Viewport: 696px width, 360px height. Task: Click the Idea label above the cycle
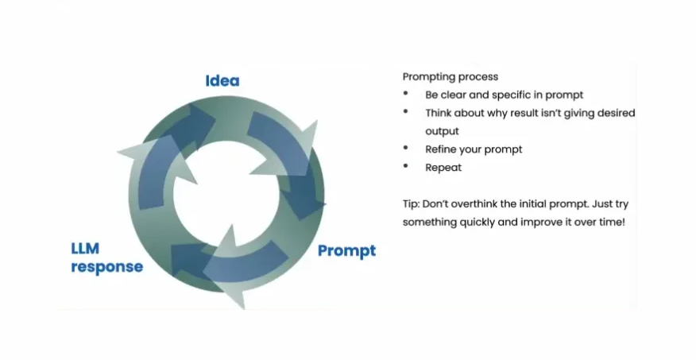pos(222,81)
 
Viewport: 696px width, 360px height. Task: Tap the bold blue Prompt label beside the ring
pos(346,251)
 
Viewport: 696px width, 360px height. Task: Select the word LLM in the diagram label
pos(85,249)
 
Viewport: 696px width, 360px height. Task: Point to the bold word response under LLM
pos(107,267)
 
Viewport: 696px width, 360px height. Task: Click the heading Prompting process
pos(450,77)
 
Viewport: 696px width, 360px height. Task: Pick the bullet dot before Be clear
pos(406,94)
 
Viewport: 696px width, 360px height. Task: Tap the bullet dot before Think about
pos(406,112)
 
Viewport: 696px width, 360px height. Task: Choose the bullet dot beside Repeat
pos(406,166)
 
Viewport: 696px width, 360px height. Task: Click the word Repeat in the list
pos(443,168)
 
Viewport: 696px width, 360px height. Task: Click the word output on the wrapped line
pos(442,131)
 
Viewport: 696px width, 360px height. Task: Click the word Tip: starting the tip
pos(411,204)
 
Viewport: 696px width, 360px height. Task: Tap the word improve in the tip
pos(541,223)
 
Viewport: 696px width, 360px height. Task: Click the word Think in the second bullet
pos(438,113)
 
